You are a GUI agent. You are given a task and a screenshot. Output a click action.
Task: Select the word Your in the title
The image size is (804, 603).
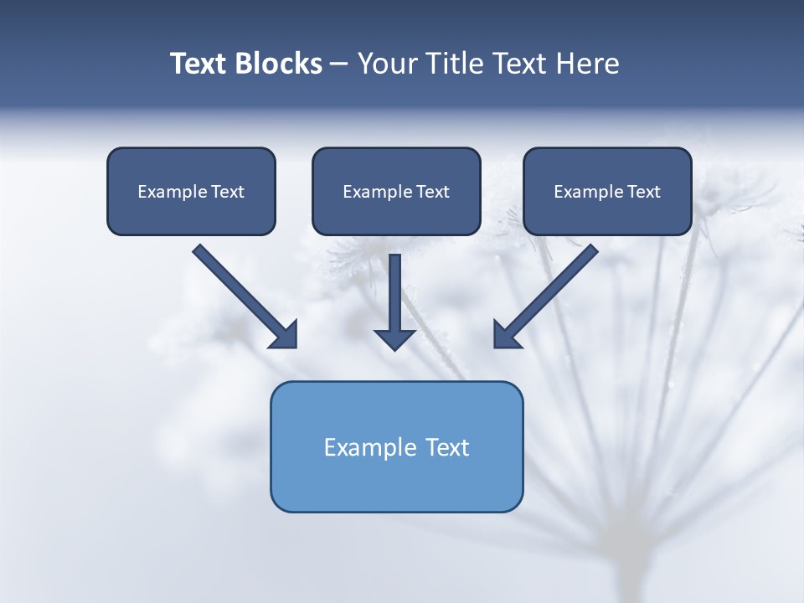coord(386,64)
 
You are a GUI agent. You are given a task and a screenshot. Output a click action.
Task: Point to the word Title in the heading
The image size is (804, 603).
coord(452,64)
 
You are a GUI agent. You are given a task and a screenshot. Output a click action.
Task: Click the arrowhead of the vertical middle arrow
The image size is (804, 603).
coord(394,338)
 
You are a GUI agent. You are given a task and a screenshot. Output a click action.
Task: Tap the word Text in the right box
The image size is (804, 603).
coord(644,192)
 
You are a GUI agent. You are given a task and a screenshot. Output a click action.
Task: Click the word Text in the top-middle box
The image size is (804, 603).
coord(433,192)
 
